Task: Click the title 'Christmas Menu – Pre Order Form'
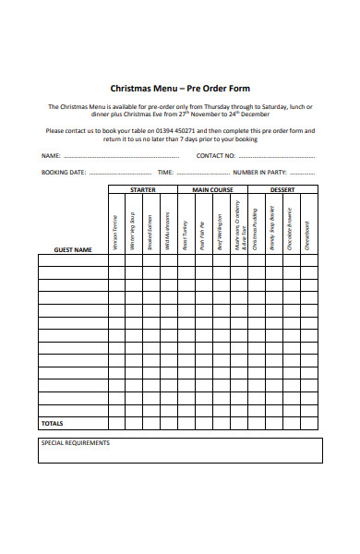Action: [x=179, y=90]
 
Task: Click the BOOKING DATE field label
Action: [x=64, y=173]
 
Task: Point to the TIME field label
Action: [x=165, y=173]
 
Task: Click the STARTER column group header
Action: [x=142, y=189]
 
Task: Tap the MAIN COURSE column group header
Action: [x=211, y=189]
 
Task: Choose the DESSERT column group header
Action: [x=282, y=189]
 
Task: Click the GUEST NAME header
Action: [x=73, y=249]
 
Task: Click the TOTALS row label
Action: [x=53, y=423]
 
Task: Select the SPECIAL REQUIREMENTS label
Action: [x=76, y=443]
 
